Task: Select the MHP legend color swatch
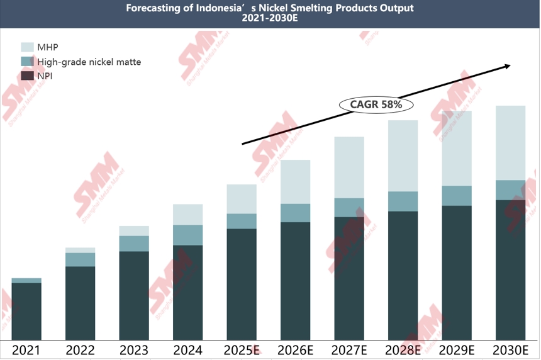(28, 47)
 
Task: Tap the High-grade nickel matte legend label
(89, 62)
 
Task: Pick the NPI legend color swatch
(28, 76)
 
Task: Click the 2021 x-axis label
(26, 351)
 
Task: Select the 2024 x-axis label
(187, 351)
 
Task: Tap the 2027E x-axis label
(349, 351)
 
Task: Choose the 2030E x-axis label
(510, 351)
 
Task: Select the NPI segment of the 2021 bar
(26, 311)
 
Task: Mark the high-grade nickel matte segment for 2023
(134, 244)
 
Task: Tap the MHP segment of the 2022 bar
(80, 250)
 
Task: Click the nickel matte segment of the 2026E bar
(295, 213)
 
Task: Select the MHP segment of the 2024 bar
(187, 215)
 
